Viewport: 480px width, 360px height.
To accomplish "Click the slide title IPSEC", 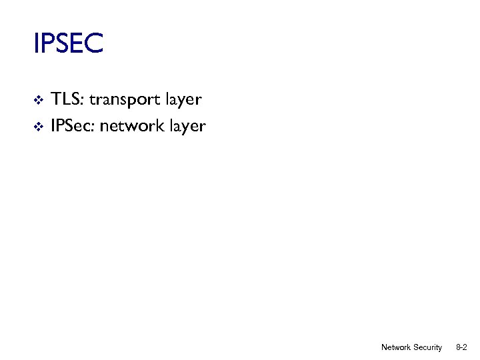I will (68, 44).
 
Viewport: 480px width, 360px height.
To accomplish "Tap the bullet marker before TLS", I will (38, 101).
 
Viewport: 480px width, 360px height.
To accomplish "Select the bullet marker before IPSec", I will (38, 126).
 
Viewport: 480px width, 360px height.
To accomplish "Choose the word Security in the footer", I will (427, 347).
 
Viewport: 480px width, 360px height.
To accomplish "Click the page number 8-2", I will (461, 347).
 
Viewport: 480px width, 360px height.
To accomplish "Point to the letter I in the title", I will (36, 44).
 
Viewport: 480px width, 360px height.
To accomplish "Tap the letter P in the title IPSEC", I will (47, 44).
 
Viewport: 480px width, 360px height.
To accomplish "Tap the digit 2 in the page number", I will (464, 347).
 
